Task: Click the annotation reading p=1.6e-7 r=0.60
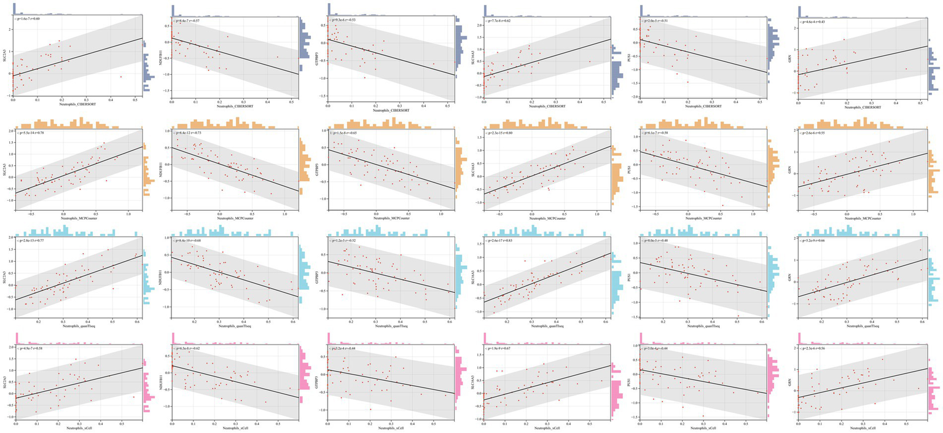(x=32, y=20)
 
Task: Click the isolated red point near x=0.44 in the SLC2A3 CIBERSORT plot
(x=121, y=77)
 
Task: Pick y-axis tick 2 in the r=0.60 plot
(x=9, y=29)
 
